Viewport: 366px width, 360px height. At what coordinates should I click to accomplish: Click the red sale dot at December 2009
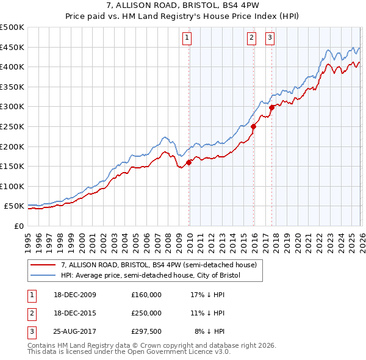pyautogui.click(x=189, y=162)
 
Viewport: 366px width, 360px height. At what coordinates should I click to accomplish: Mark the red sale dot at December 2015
pyautogui.click(x=254, y=127)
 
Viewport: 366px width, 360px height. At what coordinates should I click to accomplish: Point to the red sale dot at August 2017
pyautogui.click(x=271, y=108)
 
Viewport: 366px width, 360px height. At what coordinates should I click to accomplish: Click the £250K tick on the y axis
pyautogui.click(x=12, y=126)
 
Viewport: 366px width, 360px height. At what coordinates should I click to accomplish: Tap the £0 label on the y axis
pyautogui.click(x=19, y=226)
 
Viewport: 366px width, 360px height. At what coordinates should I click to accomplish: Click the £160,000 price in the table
pyautogui.click(x=146, y=295)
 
